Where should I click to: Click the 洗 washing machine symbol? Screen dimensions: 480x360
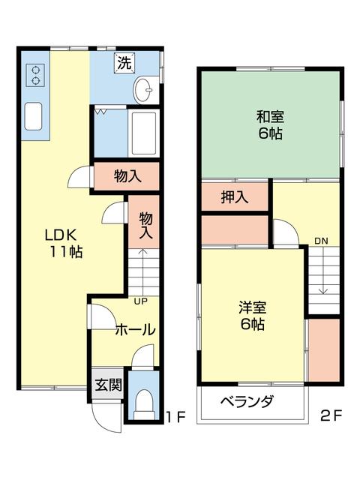click(x=124, y=63)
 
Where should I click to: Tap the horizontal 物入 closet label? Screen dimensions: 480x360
click(x=127, y=176)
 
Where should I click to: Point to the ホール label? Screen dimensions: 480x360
click(x=135, y=329)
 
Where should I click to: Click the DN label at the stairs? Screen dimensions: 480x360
click(x=321, y=241)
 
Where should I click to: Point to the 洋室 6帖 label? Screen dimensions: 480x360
click(x=252, y=316)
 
